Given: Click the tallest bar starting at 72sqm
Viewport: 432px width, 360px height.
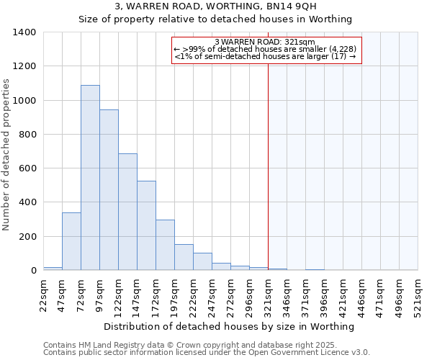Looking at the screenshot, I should coord(90,178).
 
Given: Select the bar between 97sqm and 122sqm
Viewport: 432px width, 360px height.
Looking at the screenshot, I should coord(109,190).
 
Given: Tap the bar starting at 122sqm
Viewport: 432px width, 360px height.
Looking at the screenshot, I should coord(127,212).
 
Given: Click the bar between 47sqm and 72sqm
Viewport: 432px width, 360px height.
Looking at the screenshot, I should coord(71,241).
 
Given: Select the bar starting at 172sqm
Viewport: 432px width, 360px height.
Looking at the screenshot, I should coord(165,245).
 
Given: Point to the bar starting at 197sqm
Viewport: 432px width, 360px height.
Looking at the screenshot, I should coord(184,257).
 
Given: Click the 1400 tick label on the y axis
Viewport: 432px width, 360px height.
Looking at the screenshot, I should coord(24,32).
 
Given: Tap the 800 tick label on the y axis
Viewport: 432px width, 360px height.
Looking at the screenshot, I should coord(27,135).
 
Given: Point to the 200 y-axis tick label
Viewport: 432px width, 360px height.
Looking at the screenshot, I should coord(27,237).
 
